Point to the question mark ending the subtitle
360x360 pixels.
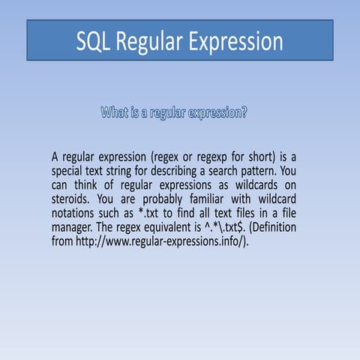point(245,114)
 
